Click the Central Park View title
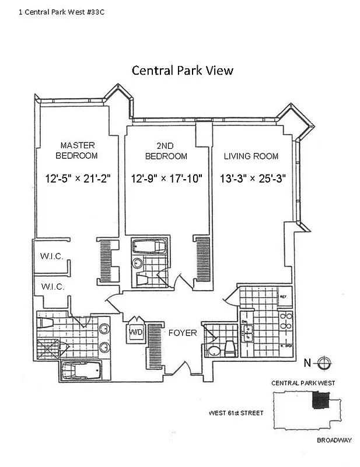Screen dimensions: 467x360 (182, 71)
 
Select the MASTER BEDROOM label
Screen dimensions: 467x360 (76, 151)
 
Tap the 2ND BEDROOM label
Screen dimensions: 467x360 (166, 151)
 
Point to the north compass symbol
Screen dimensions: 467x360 (325, 363)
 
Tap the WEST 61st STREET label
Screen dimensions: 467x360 (236, 413)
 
